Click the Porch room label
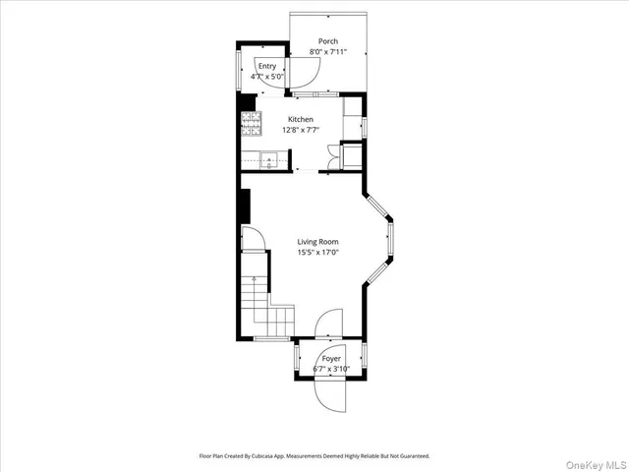(x=328, y=41)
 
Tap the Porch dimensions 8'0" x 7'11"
(x=328, y=51)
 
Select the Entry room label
(x=267, y=66)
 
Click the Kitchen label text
(x=301, y=119)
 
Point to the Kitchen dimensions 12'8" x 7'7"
(x=301, y=129)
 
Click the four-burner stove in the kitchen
(x=252, y=123)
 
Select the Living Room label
(x=317, y=241)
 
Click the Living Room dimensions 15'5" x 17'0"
(x=317, y=252)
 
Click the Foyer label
(x=332, y=359)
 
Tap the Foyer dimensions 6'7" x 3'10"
(x=332, y=369)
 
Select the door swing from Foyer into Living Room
(x=330, y=325)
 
